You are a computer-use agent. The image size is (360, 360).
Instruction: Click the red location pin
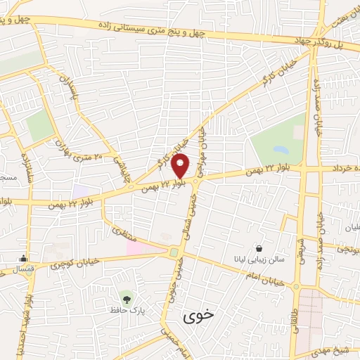click(181, 166)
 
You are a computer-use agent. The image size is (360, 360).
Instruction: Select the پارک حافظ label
click(126, 309)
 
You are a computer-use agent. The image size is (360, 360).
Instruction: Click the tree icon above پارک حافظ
click(126, 297)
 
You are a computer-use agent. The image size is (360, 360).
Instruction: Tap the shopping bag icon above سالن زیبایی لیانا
click(259, 248)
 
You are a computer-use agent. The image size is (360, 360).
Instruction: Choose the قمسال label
click(24, 269)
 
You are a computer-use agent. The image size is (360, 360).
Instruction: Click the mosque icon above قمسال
click(24, 258)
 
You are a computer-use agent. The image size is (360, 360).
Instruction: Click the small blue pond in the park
click(281, 150)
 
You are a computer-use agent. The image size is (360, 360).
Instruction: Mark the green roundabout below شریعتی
click(297, 287)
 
